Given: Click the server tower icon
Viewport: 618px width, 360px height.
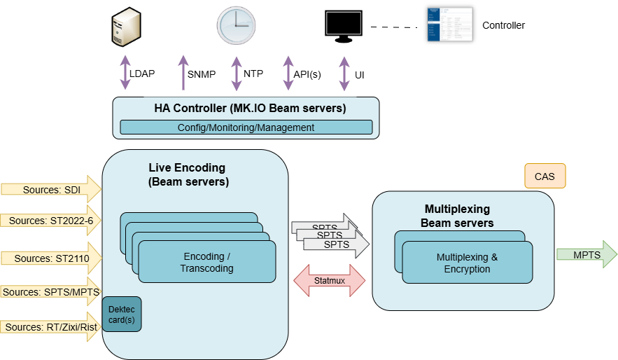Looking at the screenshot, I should click(x=125, y=25).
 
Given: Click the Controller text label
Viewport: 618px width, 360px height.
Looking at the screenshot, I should click(x=503, y=25).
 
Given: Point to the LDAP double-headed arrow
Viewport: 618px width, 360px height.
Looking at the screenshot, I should click(x=125, y=73).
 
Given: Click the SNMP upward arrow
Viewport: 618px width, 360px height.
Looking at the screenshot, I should click(x=184, y=73).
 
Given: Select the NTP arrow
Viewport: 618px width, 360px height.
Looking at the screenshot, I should click(x=237, y=73).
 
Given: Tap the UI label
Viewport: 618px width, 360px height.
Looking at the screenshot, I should click(x=360, y=75).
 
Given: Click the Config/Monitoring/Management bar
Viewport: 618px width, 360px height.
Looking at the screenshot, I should click(x=246, y=127).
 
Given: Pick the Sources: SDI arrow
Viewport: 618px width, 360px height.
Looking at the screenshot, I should click(x=51, y=190).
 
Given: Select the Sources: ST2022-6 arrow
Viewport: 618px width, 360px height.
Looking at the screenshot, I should click(x=51, y=221).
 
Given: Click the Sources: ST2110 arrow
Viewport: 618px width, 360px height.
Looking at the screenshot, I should click(x=51, y=258).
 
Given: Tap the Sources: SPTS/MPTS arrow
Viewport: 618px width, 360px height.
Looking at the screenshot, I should click(x=51, y=291).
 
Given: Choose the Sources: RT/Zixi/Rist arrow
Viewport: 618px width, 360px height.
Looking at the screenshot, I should click(x=51, y=327).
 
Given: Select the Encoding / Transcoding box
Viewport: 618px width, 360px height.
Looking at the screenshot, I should click(x=206, y=263).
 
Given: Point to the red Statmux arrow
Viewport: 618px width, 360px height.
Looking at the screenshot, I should click(x=329, y=281).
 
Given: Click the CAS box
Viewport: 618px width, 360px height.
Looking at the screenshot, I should click(x=545, y=176).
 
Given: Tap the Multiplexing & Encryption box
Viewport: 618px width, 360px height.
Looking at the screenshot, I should click(x=467, y=263).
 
